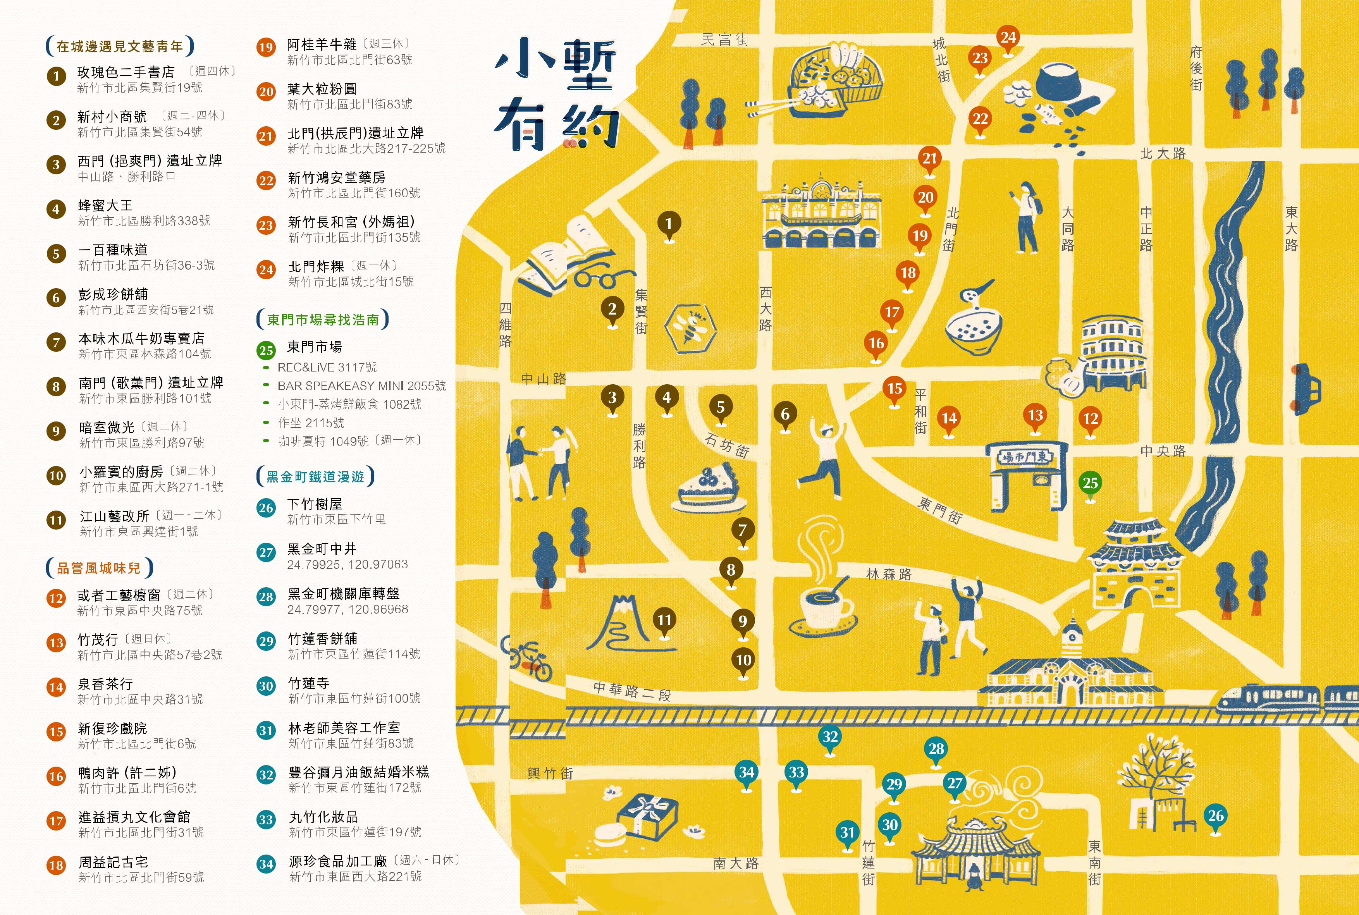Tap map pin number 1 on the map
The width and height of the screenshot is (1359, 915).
click(669, 224)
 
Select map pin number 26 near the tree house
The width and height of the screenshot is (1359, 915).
click(1215, 816)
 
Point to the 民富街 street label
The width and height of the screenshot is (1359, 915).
click(725, 40)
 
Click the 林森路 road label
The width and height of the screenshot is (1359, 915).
click(889, 574)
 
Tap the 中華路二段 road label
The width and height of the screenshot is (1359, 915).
click(632, 691)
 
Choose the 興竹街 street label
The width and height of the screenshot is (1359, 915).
click(550, 773)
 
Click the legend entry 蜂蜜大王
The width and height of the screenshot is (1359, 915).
click(106, 205)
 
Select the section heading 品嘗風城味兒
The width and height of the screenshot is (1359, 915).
click(99, 568)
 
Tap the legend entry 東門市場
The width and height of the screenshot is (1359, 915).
click(315, 347)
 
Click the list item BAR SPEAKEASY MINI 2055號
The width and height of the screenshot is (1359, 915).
click(361, 386)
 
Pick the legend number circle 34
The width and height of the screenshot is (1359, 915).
click(266, 864)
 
